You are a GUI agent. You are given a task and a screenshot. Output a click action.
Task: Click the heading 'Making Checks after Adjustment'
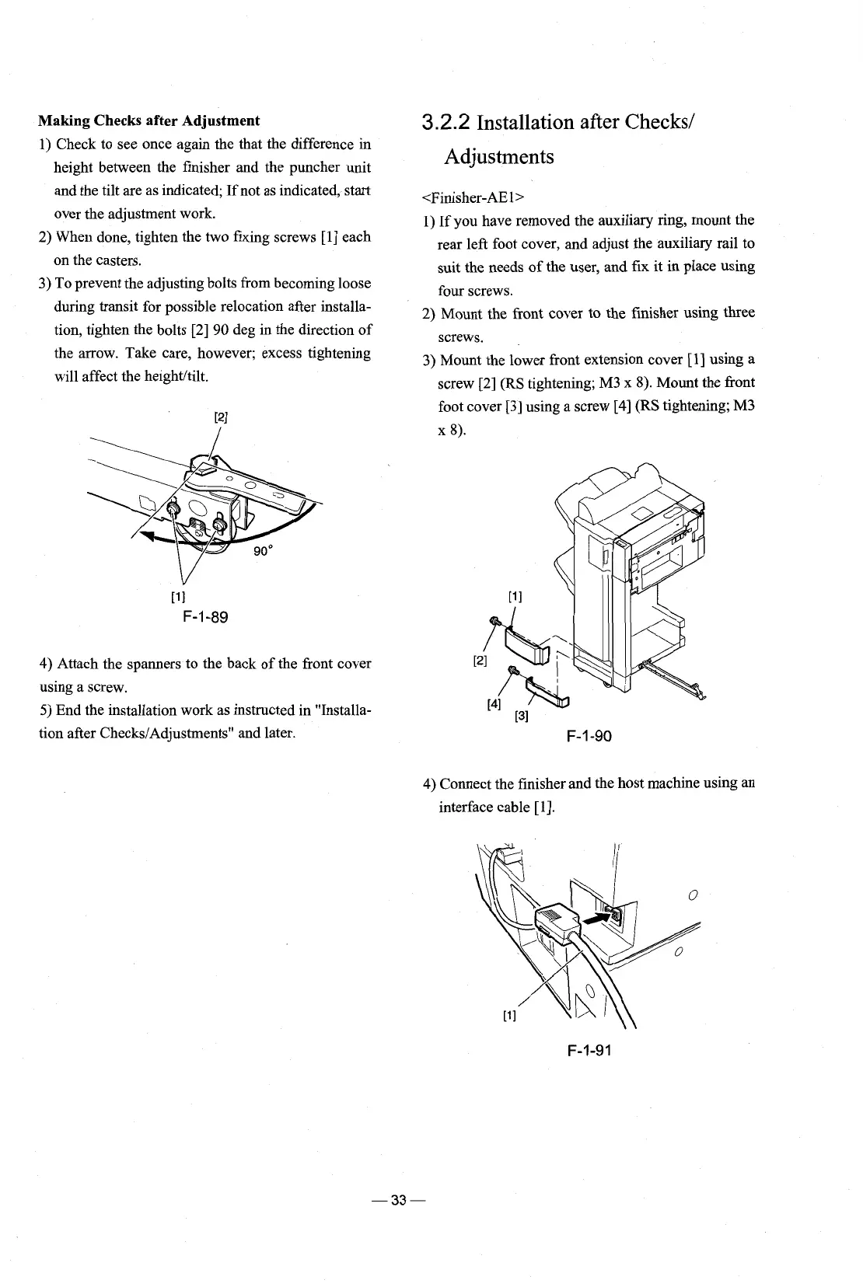(149, 120)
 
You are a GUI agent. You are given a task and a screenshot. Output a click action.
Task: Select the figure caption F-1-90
(588, 735)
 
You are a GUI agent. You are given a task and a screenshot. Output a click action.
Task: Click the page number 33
(400, 1200)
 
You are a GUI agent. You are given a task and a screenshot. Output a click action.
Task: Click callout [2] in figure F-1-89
(220, 416)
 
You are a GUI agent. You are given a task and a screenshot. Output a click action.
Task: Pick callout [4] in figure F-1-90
(493, 704)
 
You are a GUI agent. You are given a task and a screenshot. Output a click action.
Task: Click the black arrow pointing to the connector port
(594, 919)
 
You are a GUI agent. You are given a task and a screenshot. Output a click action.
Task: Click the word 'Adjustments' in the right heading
(499, 157)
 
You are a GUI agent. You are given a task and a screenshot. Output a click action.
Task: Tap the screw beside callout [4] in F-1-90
(512, 671)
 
